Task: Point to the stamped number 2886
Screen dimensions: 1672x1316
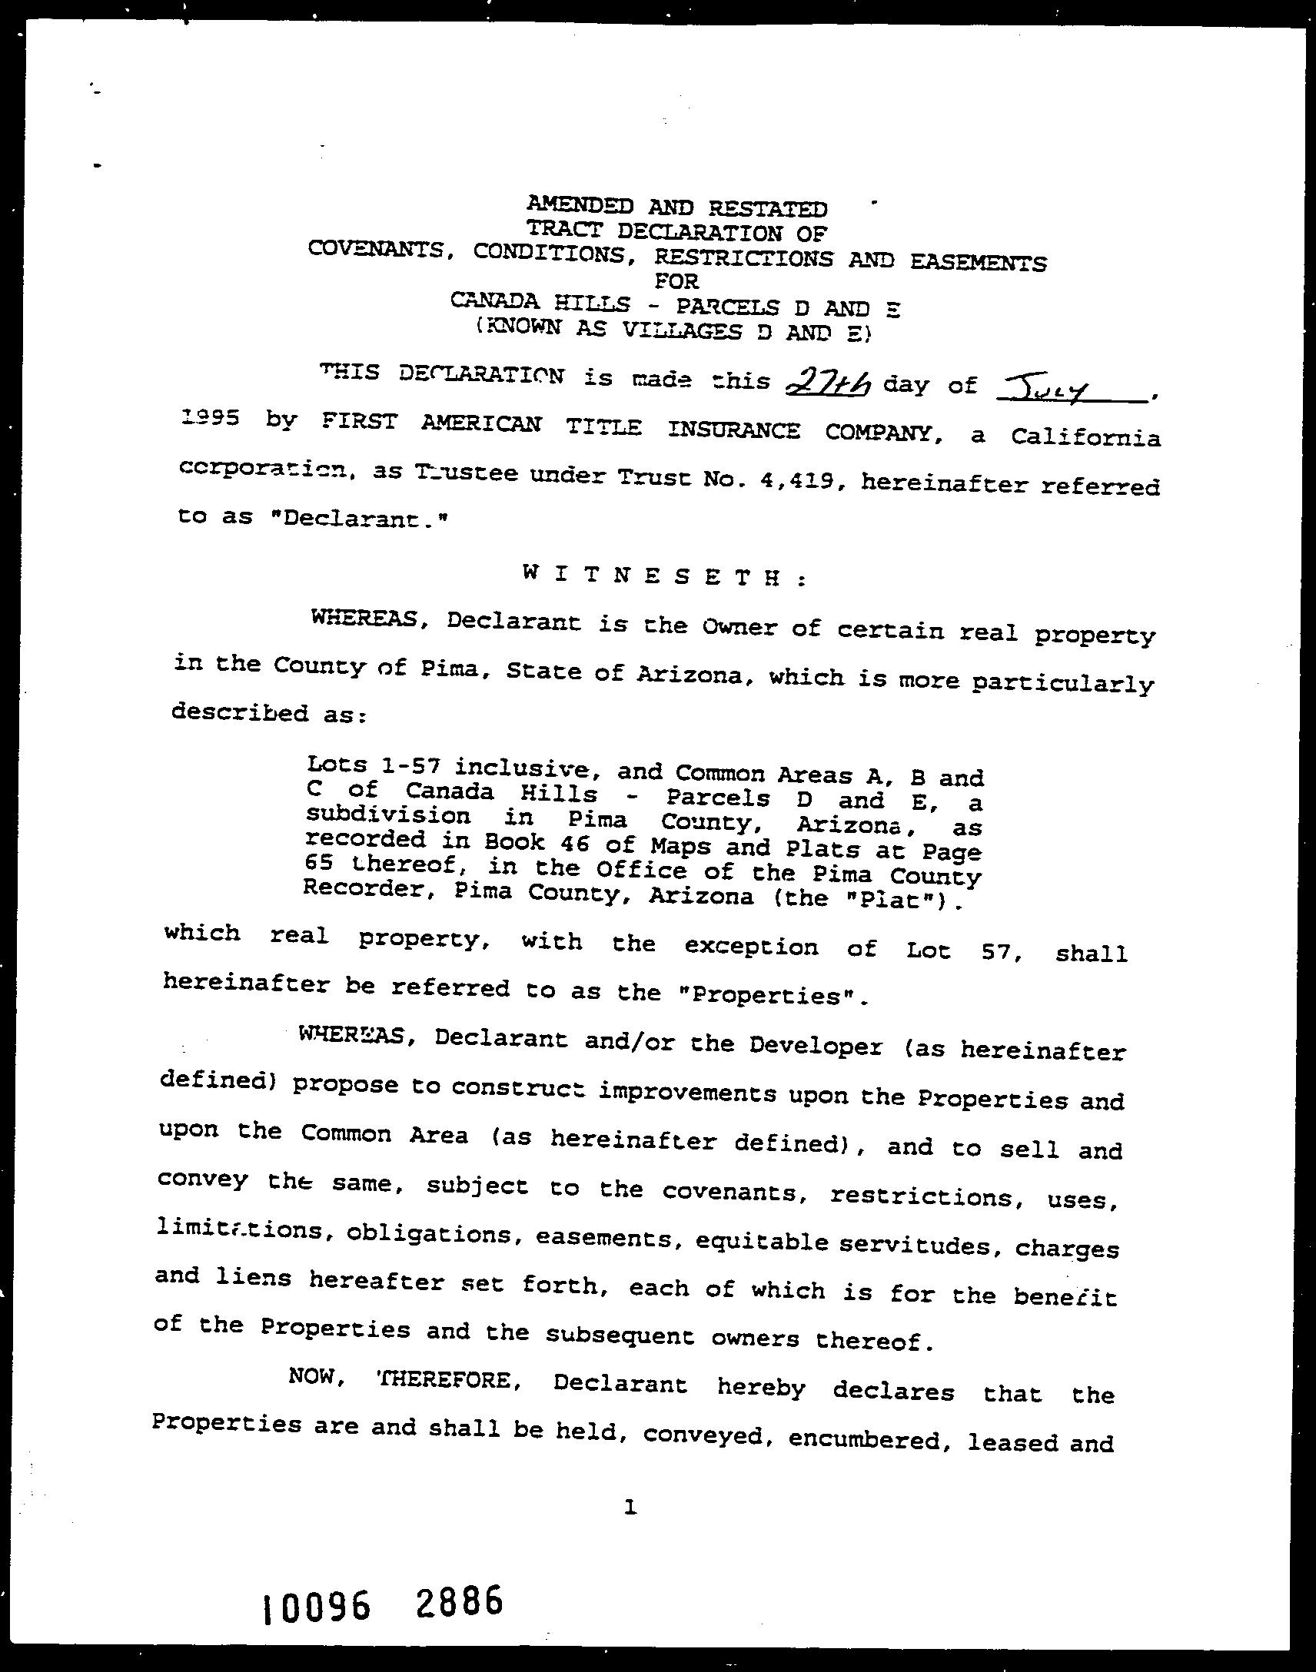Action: click(459, 1602)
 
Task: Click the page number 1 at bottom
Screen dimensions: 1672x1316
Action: click(631, 1508)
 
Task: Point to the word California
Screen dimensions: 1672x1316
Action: click(1085, 438)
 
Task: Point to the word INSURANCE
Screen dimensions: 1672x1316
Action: click(733, 430)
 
